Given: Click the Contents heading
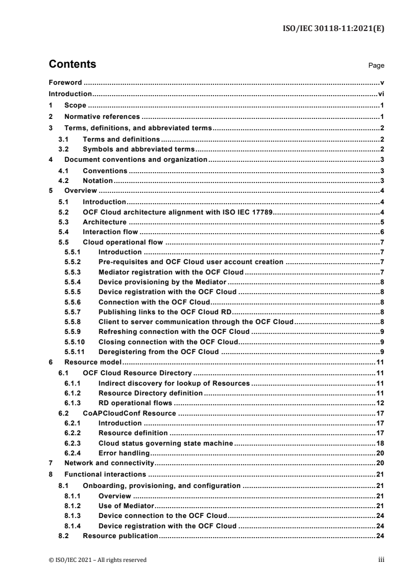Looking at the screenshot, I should pyautogui.click(x=72, y=65).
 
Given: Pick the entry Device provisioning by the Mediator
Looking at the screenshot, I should pyautogui.click(x=162, y=282).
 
